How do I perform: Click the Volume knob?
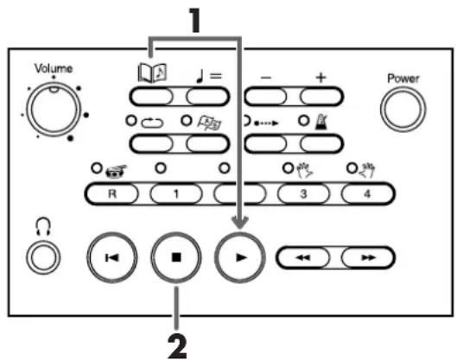pos(54,109)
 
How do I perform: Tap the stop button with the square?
pos(176,257)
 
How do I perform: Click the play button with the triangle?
pos(240,257)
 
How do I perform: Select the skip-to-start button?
pos(112,257)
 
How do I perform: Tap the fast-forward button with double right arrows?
pos(368,258)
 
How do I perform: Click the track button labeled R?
pos(111,193)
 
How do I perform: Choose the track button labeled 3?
pos(303,193)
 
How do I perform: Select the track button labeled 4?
pos(367,193)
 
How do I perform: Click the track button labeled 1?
pos(175,193)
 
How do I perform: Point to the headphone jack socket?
pos(43,258)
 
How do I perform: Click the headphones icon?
pos(43,227)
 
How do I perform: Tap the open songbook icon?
pos(152,73)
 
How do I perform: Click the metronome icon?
pos(321,122)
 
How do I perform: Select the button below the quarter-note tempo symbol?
pos(207,97)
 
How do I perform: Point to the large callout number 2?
pos(177,346)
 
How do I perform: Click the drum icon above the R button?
pos(117,171)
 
